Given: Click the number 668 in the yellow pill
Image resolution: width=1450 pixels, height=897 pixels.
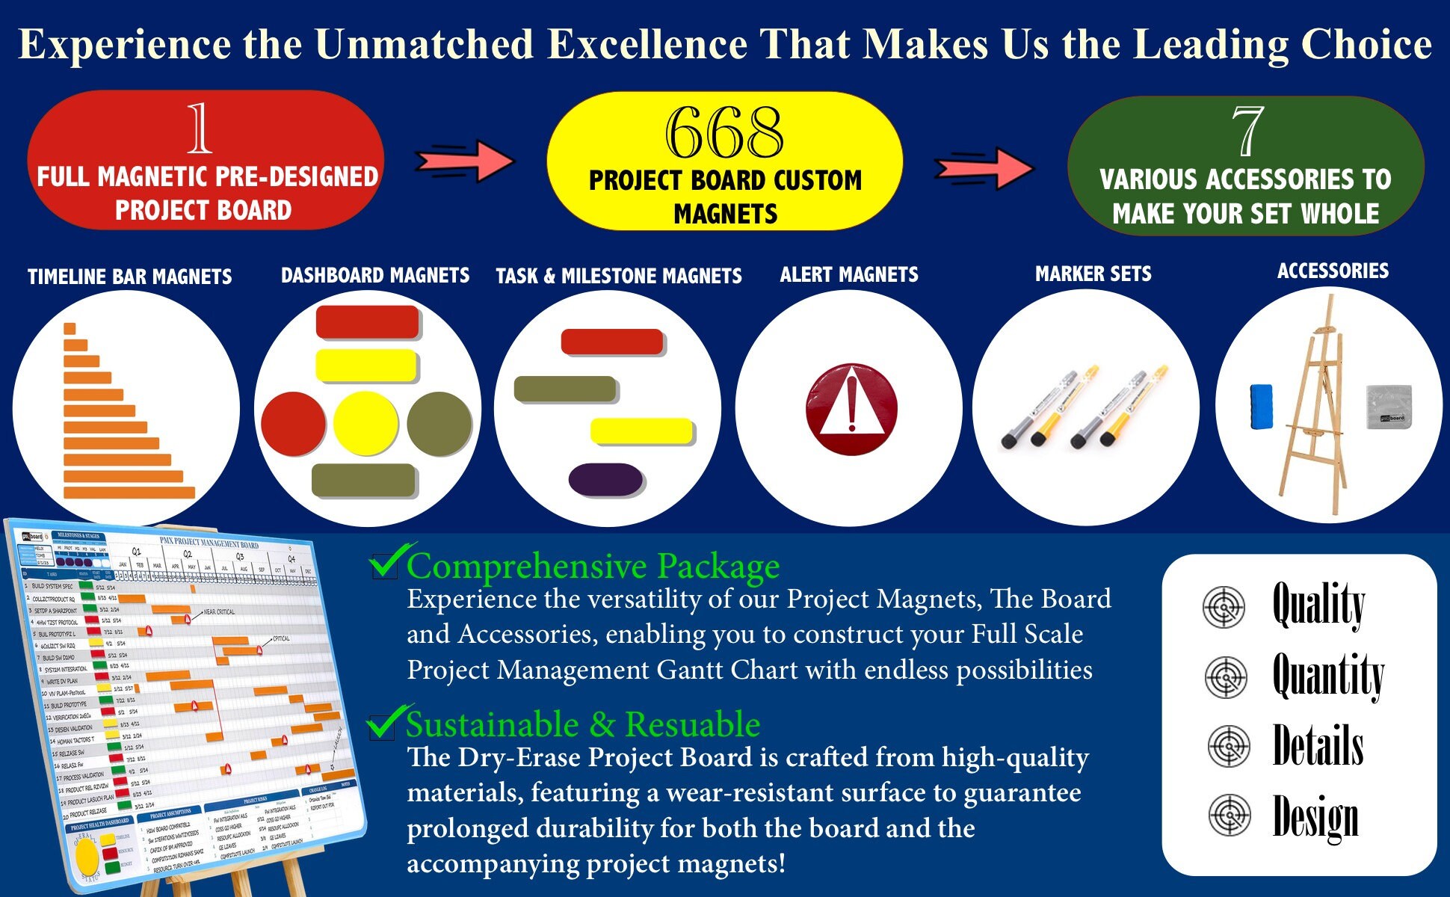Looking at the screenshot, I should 724,133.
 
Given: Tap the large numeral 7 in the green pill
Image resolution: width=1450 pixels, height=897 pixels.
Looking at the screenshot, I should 1247,131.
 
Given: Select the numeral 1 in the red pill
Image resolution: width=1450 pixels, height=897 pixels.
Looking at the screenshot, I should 199,128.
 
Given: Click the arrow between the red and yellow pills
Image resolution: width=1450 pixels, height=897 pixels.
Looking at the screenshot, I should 465,161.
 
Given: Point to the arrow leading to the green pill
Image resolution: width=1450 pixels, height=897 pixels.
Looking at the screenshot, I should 984,167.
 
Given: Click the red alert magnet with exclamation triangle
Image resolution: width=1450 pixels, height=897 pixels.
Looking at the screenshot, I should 851,409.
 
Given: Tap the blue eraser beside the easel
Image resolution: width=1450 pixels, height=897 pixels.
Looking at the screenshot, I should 1262,407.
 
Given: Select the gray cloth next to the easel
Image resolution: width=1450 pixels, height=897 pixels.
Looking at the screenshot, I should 1389,407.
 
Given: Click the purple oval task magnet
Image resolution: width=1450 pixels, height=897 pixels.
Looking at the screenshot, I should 605,479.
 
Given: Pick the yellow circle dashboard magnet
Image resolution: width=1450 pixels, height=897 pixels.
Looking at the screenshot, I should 366,423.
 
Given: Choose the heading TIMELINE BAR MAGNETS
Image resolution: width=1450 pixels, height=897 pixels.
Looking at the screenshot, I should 130,277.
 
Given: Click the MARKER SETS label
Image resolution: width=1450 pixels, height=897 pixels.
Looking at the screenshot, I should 1093,274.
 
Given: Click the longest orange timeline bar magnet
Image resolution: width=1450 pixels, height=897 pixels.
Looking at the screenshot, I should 129,493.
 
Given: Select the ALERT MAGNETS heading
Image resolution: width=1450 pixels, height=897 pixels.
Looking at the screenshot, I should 849,275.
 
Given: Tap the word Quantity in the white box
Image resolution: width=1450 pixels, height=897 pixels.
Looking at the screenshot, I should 1328,675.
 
